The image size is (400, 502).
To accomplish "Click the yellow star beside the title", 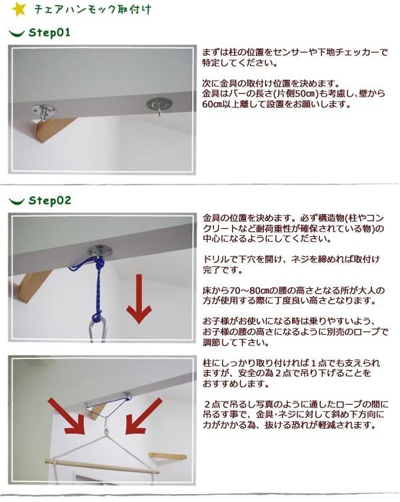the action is click(19, 9).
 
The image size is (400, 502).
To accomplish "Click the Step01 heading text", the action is click(49, 33).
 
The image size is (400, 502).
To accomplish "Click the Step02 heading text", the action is click(50, 201).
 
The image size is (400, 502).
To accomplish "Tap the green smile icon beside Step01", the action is click(17, 33).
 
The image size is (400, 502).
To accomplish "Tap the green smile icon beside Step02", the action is click(17, 201).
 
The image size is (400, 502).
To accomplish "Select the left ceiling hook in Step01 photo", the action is click(44, 111).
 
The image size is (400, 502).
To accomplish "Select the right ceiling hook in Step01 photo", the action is click(159, 105).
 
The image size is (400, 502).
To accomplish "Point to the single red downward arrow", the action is click(139, 299).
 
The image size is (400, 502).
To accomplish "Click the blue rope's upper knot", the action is click(100, 264).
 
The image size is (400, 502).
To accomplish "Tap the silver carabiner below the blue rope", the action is click(97, 332).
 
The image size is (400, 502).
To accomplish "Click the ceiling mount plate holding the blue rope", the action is click(101, 251).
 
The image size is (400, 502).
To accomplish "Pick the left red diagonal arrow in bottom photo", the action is click(66, 416).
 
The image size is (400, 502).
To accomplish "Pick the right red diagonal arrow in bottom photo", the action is click(143, 416).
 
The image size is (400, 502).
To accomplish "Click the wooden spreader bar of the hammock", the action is click(102, 466).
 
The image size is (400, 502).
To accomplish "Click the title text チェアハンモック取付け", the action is click(93, 9).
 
